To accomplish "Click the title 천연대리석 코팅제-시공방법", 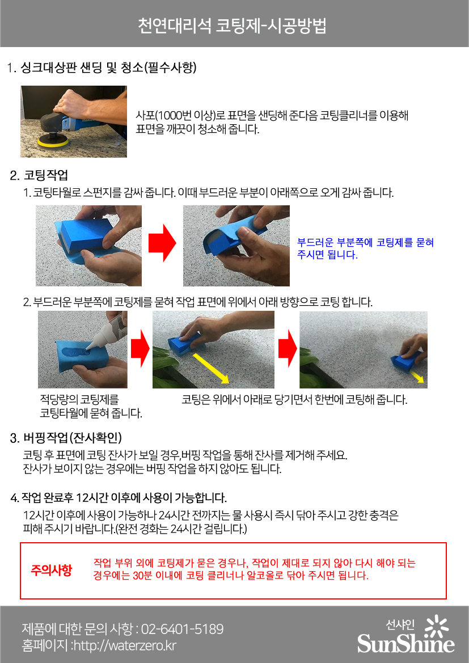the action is pos(232,26).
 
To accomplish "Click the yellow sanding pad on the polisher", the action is pos(52,142).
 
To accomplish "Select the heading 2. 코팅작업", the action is pos(39,175).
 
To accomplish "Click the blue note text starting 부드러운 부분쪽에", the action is pos(365,248).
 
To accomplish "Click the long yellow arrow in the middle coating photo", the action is pos(211,368).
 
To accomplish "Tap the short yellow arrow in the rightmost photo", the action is pos(418,377).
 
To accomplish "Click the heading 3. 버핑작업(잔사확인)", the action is pos(66,438).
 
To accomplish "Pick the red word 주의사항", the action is pos(51,571).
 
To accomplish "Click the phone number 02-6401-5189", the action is pos(182,629).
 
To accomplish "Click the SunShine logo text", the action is pos(405,643).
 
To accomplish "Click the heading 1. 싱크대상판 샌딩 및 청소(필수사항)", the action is pos(102,67).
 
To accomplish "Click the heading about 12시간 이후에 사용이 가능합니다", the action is pos(119,497).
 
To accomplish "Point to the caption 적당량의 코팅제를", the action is pos(79,400).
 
